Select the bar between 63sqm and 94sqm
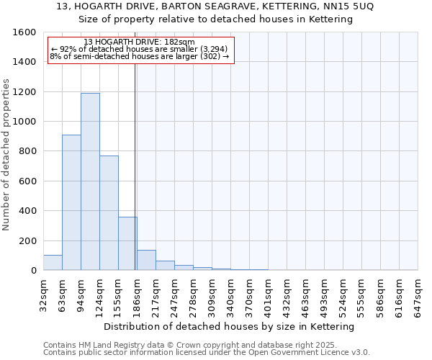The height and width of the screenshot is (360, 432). click(71, 202)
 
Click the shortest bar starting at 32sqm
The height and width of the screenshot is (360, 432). click(53, 263)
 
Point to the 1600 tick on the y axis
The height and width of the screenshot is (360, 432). click(25, 32)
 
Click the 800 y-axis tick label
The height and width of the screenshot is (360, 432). click(28, 151)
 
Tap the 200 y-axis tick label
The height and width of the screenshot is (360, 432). click(28, 240)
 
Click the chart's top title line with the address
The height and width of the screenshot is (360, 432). click(215, 6)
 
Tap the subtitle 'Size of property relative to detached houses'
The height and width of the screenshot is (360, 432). click(215, 19)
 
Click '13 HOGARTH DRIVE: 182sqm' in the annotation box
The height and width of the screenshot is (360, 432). click(139, 42)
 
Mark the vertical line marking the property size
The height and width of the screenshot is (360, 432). click(135, 166)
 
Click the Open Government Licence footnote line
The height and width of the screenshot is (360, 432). click(206, 353)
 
